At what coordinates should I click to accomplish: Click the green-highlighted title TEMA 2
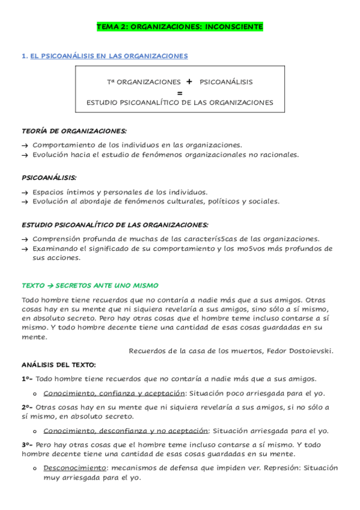click(x=180, y=27)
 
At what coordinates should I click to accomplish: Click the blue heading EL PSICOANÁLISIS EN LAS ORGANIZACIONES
click(x=109, y=56)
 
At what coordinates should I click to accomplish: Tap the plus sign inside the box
click(x=189, y=82)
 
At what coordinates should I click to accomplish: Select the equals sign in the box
click(x=180, y=93)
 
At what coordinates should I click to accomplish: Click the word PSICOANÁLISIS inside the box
click(x=226, y=82)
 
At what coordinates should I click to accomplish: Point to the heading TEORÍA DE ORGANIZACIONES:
click(x=74, y=131)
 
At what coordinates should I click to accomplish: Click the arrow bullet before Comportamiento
click(x=25, y=146)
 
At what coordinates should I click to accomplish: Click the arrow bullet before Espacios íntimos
click(x=25, y=192)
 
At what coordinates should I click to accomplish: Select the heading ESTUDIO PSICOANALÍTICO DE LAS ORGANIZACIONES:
click(x=115, y=225)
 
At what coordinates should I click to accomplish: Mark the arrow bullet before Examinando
click(x=25, y=249)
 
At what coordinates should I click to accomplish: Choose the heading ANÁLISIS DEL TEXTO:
click(x=58, y=364)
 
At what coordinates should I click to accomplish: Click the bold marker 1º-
click(x=28, y=379)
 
